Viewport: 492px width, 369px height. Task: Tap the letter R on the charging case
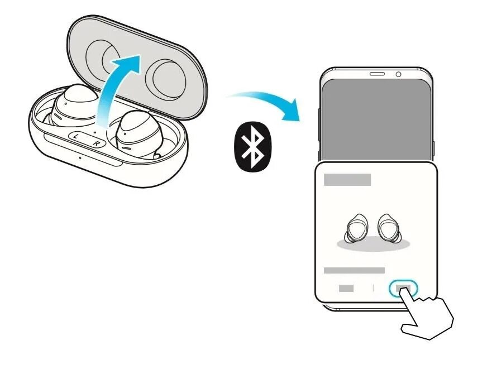96,143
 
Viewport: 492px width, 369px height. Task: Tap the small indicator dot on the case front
80,157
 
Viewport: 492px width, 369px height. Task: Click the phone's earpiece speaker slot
378,74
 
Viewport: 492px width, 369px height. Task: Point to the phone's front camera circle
398,74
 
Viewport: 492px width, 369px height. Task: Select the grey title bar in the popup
347,180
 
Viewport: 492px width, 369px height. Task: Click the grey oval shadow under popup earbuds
374,244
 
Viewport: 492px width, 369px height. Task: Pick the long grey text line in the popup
354,270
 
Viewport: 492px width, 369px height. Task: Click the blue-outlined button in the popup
403,288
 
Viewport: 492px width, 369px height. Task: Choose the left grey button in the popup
346,288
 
